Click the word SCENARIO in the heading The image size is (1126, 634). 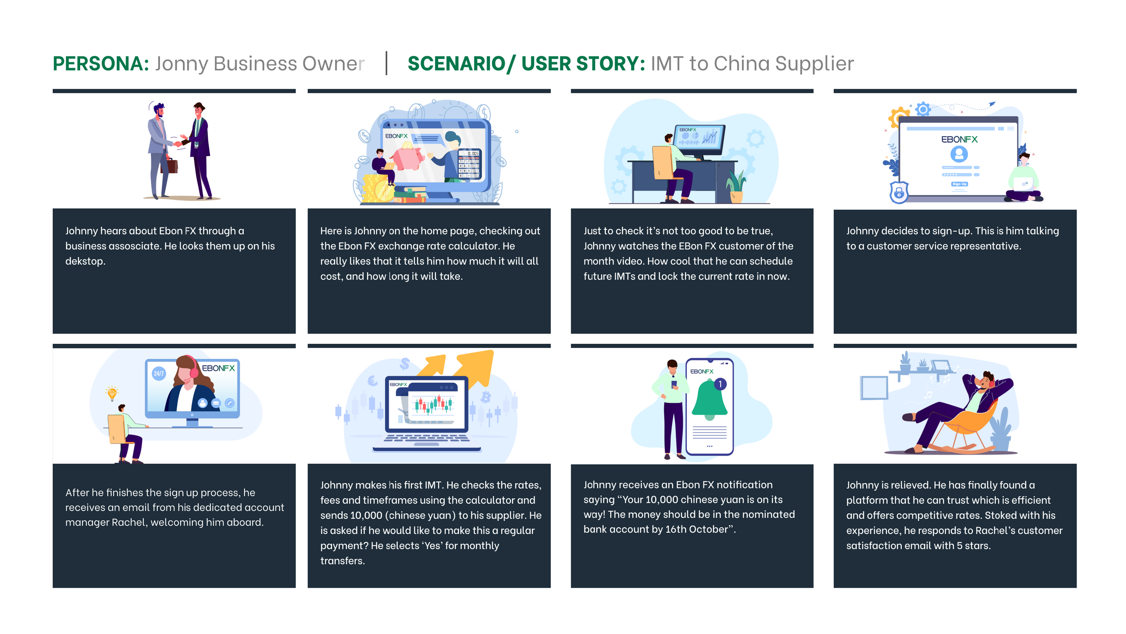point(456,64)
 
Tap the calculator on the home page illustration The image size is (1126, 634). point(469,164)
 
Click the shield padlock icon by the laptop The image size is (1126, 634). point(899,192)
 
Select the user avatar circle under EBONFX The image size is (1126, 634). point(959,154)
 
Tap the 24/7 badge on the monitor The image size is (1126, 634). point(159,373)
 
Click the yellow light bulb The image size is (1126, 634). point(112,393)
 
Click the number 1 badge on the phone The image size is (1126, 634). point(720,384)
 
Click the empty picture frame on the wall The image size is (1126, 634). point(874,388)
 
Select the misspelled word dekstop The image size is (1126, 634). point(85,261)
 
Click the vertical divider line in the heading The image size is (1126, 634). point(386,64)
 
